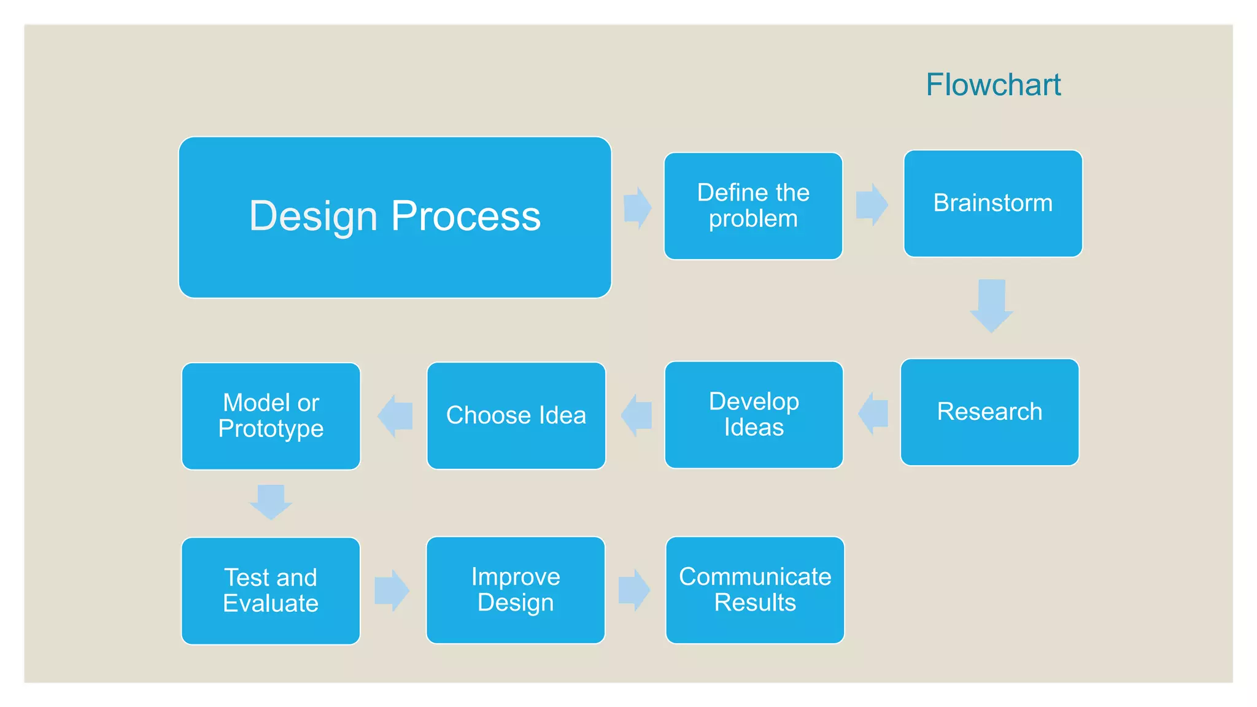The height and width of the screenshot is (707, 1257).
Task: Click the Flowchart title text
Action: [993, 85]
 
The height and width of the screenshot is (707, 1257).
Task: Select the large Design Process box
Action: [395, 217]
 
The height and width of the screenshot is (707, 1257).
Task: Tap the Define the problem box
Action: [753, 206]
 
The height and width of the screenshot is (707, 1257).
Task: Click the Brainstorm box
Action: [992, 203]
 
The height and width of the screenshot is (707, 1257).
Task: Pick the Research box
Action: [989, 412]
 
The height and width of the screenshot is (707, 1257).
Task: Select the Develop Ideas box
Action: [754, 414]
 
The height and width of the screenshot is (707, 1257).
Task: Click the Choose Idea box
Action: [516, 415]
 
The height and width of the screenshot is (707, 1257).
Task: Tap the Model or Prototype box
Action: [271, 415]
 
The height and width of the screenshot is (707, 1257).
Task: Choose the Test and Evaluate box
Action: [271, 590]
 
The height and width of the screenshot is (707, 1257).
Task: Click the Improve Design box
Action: [516, 590]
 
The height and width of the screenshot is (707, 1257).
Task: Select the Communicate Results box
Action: [755, 590]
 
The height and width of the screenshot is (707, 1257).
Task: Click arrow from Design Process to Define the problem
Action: [637, 208]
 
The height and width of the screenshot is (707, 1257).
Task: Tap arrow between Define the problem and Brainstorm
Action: [872, 204]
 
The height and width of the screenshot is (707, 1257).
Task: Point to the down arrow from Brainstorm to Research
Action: [991, 306]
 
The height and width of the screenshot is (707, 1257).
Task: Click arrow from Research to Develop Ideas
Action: [873, 414]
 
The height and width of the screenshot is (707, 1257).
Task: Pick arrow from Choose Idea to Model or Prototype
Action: [395, 416]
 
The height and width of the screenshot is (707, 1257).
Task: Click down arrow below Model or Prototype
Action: [271, 501]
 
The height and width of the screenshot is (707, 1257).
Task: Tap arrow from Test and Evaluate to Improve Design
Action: [392, 590]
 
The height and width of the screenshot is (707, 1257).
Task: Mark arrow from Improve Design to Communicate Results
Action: [634, 590]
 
